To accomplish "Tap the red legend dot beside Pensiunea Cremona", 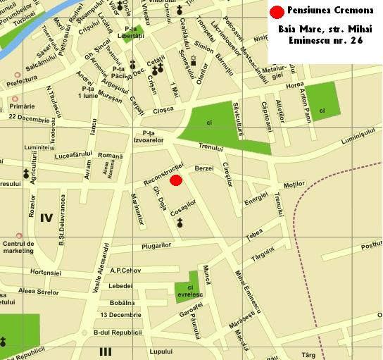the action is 277,13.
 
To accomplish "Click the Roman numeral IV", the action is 46,217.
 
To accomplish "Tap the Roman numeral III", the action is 106,351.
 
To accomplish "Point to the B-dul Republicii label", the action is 118,331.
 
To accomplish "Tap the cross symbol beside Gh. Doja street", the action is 180,223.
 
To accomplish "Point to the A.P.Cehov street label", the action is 127,271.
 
